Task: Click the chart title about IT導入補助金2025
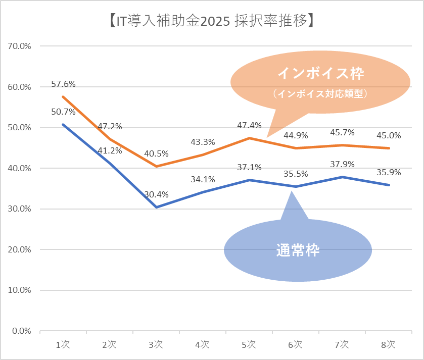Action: (212, 21)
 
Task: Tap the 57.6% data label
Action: (63, 83)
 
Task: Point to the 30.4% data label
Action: (156, 194)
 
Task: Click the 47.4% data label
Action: (249, 125)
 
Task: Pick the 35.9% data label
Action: (389, 172)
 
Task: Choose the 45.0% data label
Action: (389, 135)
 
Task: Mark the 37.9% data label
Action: (342, 164)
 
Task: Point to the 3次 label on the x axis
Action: (156, 345)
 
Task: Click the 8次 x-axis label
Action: (389, 345)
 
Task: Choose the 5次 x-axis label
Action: (249, 345)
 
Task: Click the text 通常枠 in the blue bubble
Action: (298, 250)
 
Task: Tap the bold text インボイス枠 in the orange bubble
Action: (321, 74)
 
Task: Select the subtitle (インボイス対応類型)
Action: (319, 94)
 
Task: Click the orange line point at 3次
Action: (156, 166)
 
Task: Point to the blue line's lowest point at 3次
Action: (156, 207)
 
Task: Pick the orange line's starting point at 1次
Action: (63, 96)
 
